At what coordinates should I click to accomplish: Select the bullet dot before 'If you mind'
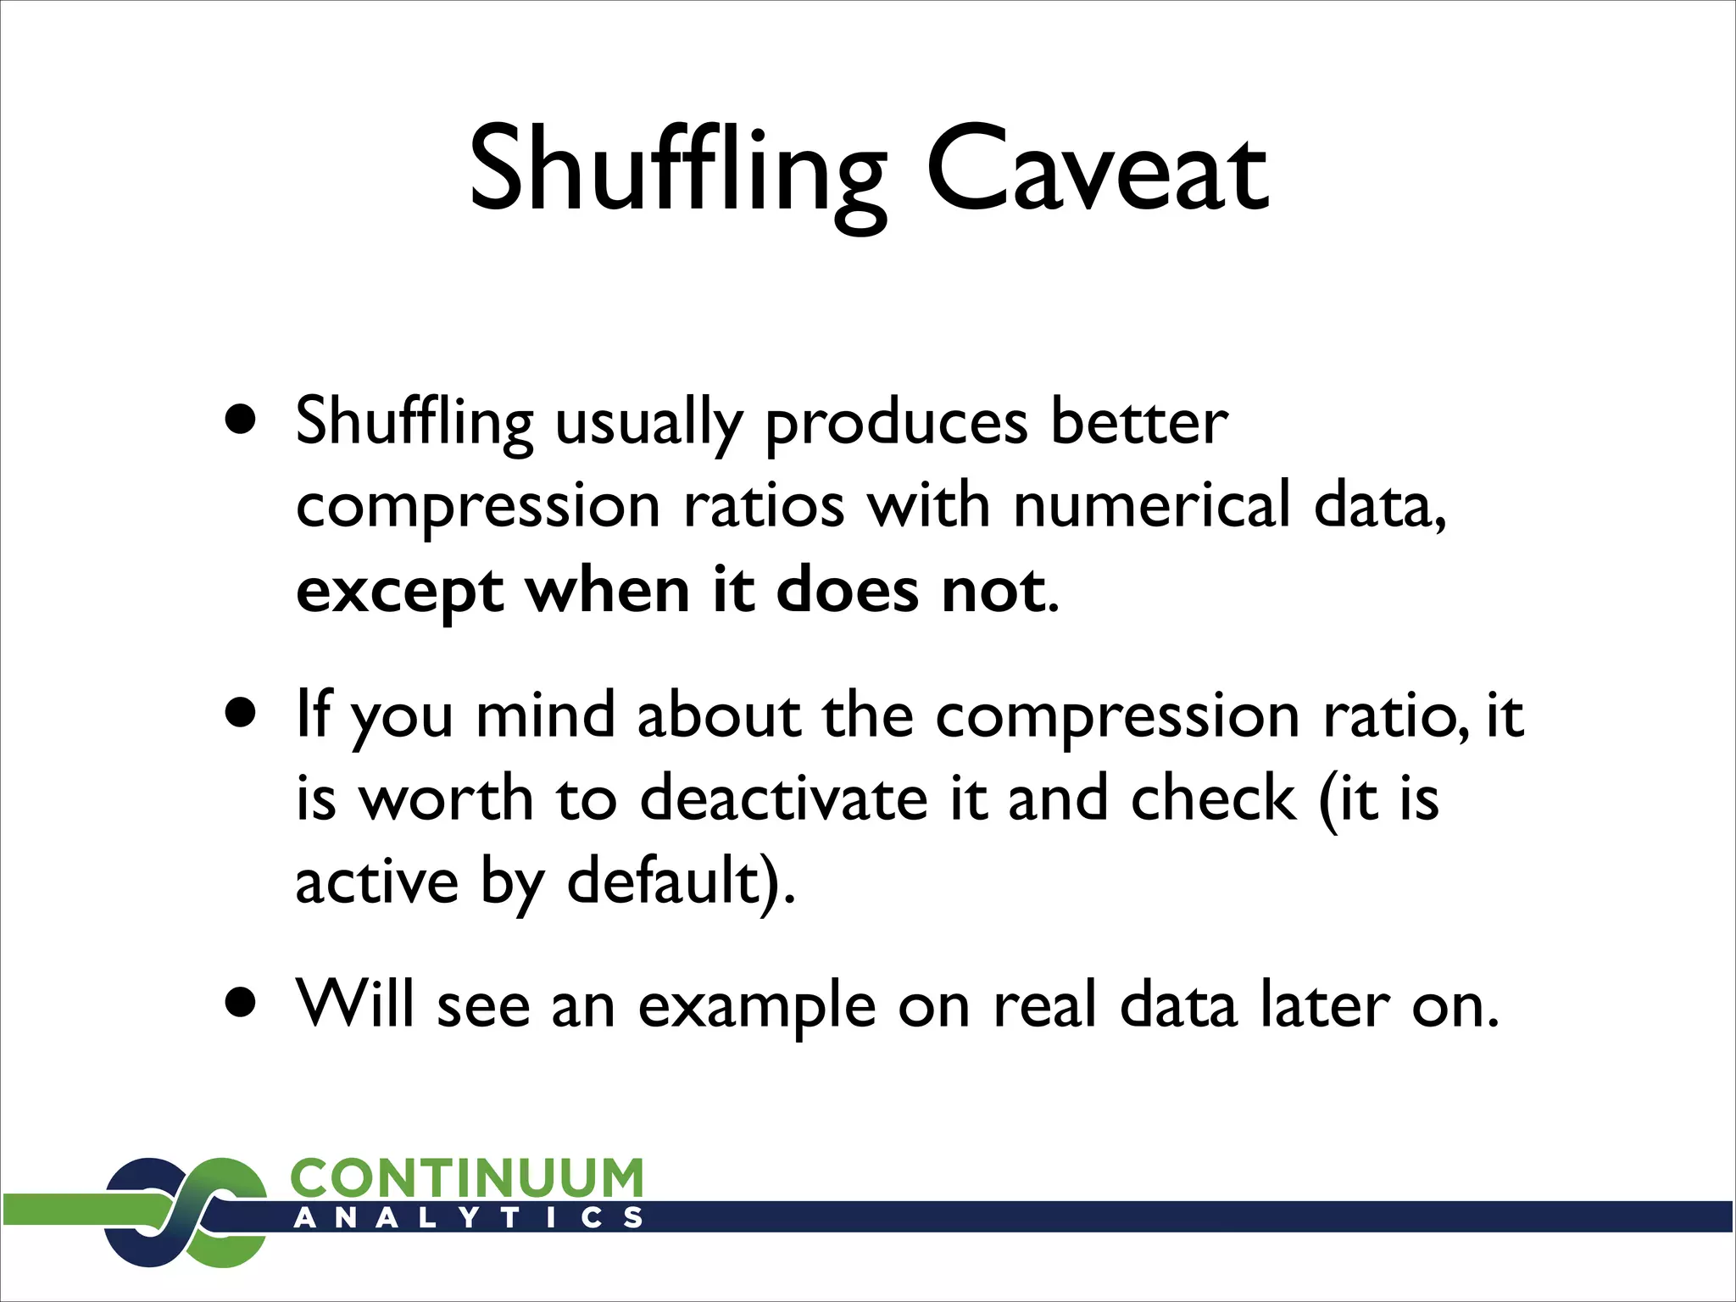pos(241,713)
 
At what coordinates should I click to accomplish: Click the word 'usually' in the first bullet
pos(648,424)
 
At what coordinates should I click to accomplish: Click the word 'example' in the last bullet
pos(756,1007)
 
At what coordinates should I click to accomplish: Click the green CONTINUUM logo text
pos(467,1179)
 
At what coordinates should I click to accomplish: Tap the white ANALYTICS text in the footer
pos(467,1218)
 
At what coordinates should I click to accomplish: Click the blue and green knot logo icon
pos(185,1212)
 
